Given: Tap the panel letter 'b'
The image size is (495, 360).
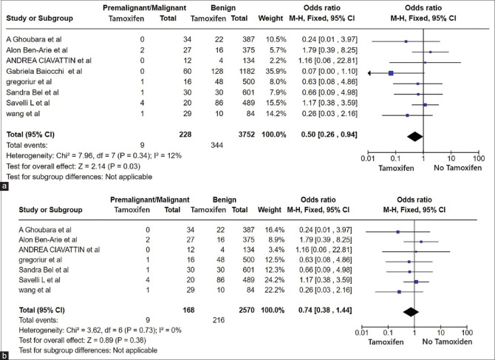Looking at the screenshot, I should tap(6, 355).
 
